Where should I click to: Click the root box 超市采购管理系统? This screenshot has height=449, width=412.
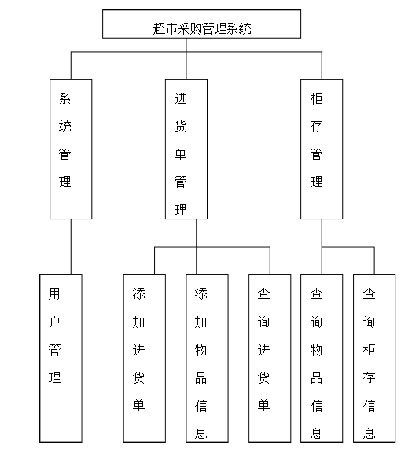click(x=201, y=24)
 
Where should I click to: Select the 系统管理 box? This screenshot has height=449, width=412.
click(x=71, y=149)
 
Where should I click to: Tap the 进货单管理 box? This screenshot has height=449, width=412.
click(x=186, y=149)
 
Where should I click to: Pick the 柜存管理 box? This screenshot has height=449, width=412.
click(x=322, y=149)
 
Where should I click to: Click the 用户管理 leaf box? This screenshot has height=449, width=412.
click(x=60, y=358)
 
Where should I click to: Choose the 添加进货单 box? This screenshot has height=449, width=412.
click(x=144, y=358)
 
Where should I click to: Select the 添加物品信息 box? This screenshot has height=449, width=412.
click(x=207, y=358)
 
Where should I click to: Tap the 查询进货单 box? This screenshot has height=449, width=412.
click(x=270, y=358)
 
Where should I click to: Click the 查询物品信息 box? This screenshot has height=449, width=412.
click(x=322, y=358)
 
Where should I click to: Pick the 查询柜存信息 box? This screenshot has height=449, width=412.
click(x=374, y=358)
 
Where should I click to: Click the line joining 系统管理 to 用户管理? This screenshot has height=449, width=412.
click(x=71, y=246)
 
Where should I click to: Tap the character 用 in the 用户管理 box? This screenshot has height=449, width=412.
click(x=54, y=293)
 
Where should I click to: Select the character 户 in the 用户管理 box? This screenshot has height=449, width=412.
click(x=54, y=322)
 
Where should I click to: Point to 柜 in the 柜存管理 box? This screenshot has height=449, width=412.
click(x=316, y=98)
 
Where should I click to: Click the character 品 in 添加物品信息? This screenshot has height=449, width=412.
click(x=201, y=377)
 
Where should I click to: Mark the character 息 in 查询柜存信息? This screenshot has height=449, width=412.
click(x=369, y=433)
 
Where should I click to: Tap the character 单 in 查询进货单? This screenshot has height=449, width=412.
click(x=264, y=405)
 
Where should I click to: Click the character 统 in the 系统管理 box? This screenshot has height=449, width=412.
click(x=65, y=126)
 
